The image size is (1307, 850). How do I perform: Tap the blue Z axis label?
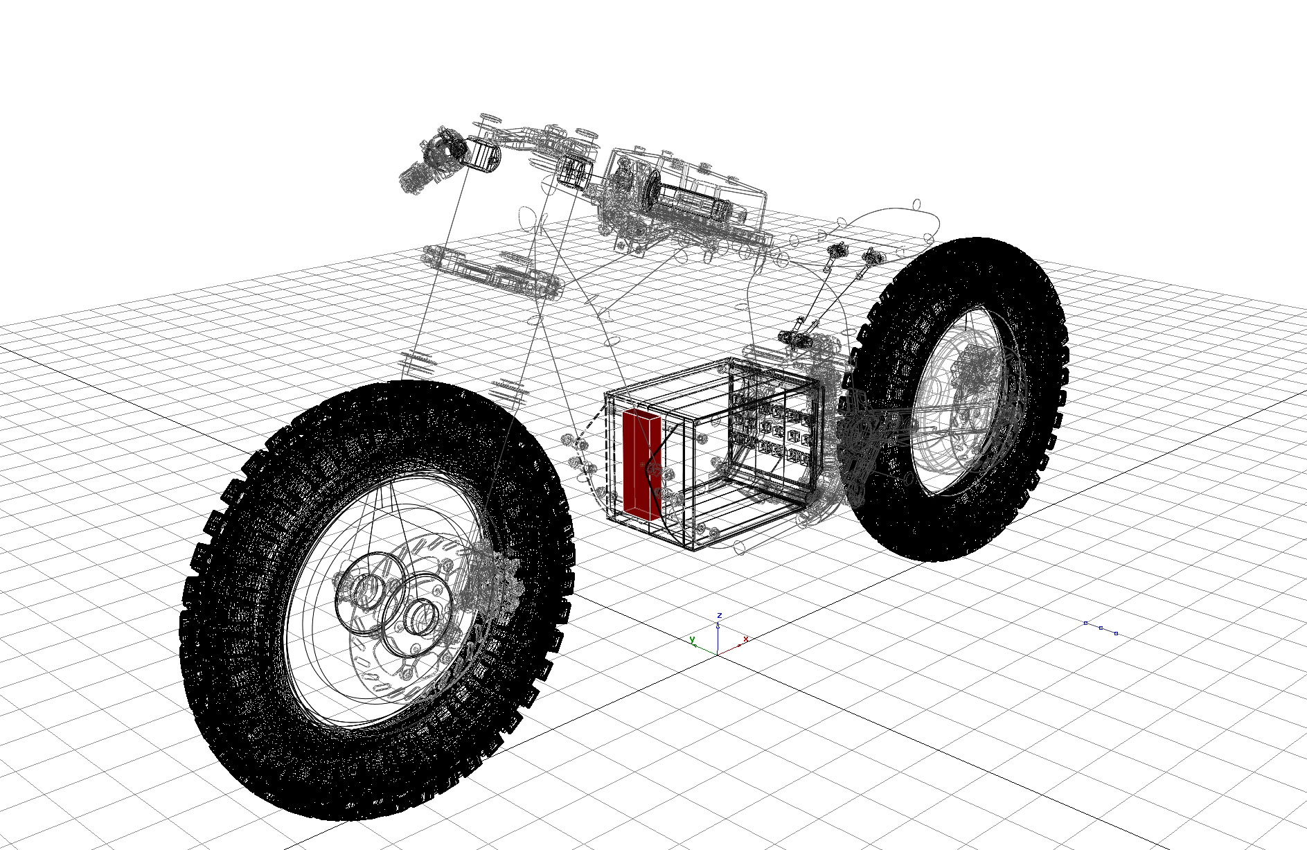click(x=720, y=615)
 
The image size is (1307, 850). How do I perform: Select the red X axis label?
click(x=745, y=639)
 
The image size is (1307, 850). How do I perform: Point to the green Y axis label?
click(x=692, y=639)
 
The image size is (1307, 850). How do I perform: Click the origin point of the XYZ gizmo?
click(x=718, y=653)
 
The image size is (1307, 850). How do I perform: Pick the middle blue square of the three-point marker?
click(x=1101, y=628)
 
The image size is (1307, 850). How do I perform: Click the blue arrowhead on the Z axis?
click(x=718, y=625)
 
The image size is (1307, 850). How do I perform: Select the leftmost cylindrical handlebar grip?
click(x=482, y=154)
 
